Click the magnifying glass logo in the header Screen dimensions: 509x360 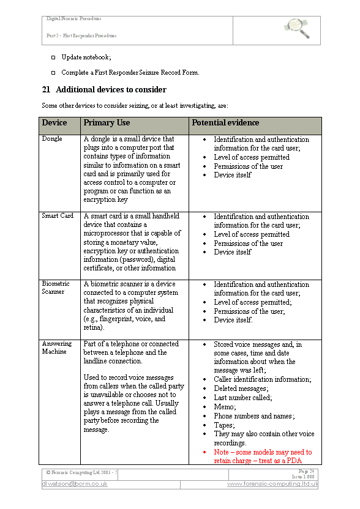pyautogui.click(x=297, y=28)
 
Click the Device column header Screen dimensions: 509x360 pyautogui.click(x=54, y=123)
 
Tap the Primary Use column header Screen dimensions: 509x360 pyautogui.click(x=107, y=123)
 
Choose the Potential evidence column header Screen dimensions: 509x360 pyautogui.click(x=225, y=123)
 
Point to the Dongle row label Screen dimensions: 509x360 pyautogui.click(x=52, y=139)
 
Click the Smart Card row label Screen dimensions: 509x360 pyautogui.click(x=58, y=216)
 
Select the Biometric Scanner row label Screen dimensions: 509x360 pyautogui.click(x=56, y=288)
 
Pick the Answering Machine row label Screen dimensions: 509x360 pyautogui.click(x=57, y=347)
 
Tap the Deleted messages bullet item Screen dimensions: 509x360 pyautogui.click(x=239, y=388)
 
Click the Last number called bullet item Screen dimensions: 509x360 pyautogui.click(x=242, y=398)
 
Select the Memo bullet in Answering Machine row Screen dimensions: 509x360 pyautogui.click(x=224, y=407)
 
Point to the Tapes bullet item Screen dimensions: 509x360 pyautogui.click(x=224, y=425)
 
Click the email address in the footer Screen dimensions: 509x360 pyautogui.click(x=75, y=484)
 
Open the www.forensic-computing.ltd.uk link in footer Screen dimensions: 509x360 pyautogui.click(x=272, y=484)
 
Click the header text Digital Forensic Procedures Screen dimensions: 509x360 pyautogui.click(x=74, y=19)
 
